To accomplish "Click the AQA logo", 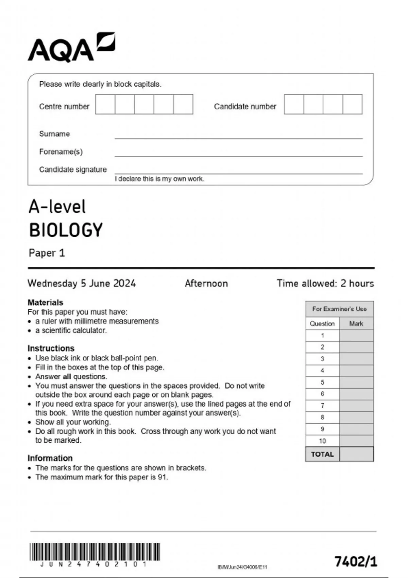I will click(71, 48).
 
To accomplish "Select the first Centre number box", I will click(105, 104).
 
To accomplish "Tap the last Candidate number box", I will click(353, 104).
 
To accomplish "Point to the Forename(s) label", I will click(61, 152).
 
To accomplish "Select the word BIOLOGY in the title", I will click(66, 230).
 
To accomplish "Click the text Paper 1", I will click(47, 253).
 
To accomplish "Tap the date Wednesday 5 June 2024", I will click(82, 284).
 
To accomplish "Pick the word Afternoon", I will click(206, 284).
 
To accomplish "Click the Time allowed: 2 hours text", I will click(325, 284).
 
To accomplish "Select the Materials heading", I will click(45, 302).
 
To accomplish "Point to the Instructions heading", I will click(51, 348).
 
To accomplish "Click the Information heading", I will click(50, 458).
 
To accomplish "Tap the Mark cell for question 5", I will click(356, 382).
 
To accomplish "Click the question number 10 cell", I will click(322, 441).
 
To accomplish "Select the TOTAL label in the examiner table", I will click(322, 454).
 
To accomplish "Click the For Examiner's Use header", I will click(339, 309).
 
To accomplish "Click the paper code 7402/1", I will click(356, 561).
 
